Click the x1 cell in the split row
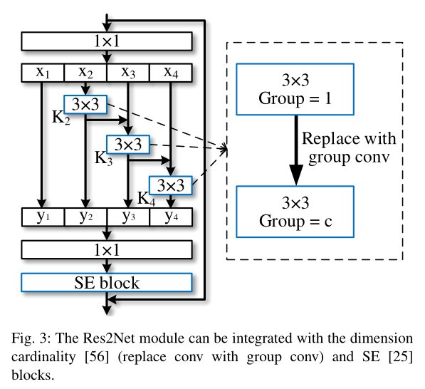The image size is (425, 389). (43, 73)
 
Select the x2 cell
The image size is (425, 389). (85, 73)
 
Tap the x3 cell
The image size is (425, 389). (128, 73)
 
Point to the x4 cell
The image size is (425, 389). (171, 73)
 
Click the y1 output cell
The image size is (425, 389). (43, 216)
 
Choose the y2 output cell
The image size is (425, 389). (85, 216)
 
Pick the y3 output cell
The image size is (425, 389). (128, 216)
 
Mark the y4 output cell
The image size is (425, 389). (171, 216)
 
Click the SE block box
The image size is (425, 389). (107, 283)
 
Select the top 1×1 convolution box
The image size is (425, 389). (107, 41)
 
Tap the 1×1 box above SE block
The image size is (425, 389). (107, 249)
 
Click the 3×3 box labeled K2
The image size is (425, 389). (85, 104)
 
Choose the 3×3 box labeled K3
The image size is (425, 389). (128, 145)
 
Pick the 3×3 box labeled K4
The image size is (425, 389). (171, 185)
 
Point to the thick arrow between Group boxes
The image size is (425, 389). (295, 150)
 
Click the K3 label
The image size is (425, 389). (104, 158)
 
